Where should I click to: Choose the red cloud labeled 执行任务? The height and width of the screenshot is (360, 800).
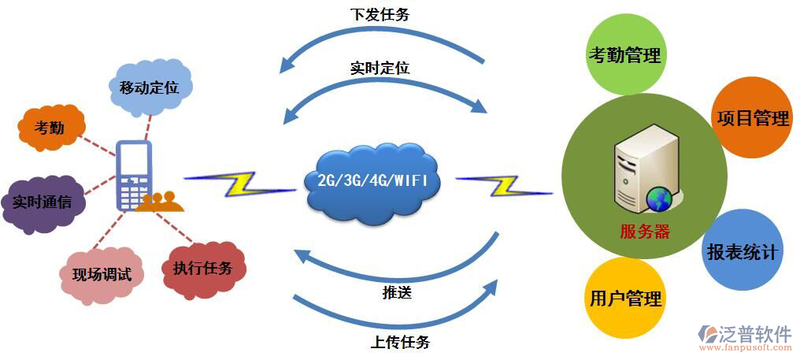click(x=203, y=269)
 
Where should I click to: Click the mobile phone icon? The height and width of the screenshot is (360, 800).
click(x=132, y=176)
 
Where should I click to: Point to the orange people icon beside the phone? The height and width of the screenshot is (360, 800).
click(x=160, y=202)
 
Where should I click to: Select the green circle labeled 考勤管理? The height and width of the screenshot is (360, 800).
click(x=624, y=55)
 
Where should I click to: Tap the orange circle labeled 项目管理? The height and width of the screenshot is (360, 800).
click(x=750, y=118)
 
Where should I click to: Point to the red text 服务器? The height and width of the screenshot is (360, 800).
click(x=644, y=231)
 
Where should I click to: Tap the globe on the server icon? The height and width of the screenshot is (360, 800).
click(x=657, y=200)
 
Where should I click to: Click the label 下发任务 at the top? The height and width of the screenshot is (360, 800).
click(x=380, y=15)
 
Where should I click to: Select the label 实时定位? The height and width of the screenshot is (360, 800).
click(x=380, y=69)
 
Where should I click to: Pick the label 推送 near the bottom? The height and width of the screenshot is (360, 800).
click(x=397, y=293)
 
